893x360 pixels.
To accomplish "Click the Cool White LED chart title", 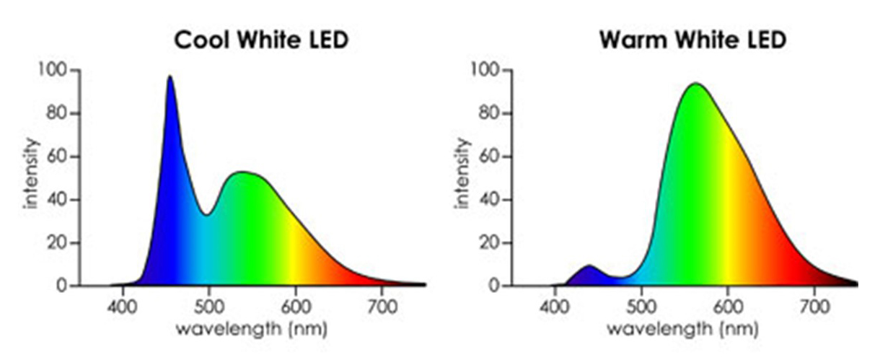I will click(x=262, y=40).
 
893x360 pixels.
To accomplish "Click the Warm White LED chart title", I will click(x=692, y=40).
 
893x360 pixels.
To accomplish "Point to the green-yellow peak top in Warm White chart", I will click(x=696, y=84).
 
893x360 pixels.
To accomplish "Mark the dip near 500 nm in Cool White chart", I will click(x=208, y=214).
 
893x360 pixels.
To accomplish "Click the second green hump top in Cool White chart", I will click(x=244, y=172).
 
